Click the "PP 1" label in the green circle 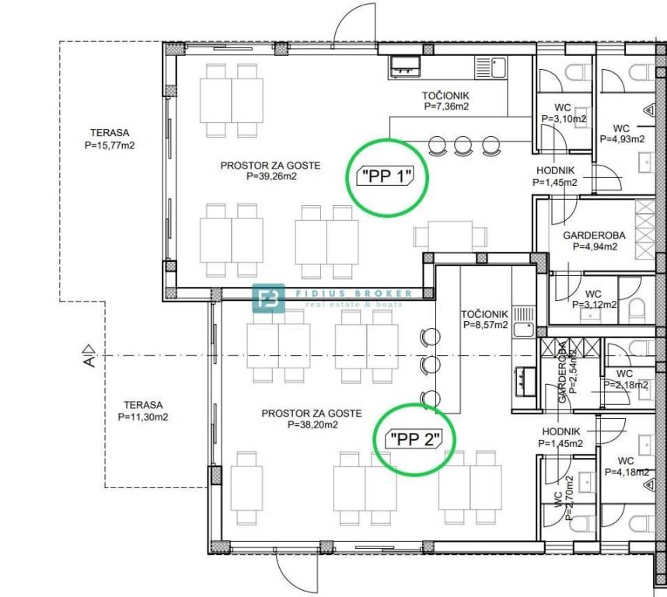tap(386, 176)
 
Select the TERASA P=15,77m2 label tap(110, 139)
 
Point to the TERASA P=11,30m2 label tap(143, 411)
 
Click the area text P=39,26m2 tap(272, 176)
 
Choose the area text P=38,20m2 tap(313, 424)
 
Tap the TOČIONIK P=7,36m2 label tap(445, 101)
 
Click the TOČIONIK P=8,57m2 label tap(485, 319)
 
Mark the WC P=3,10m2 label tap(563, 113)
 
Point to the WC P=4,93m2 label tap(622, 134)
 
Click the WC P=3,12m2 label tap(594, 299)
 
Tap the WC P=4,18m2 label tap(627, 466)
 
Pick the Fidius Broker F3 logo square tap(268, 298)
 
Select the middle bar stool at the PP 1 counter tap(463, 145)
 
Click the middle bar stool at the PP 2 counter tap(430, 365)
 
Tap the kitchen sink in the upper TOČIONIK tap(491, 68)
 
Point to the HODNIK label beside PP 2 tap(560, 431)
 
